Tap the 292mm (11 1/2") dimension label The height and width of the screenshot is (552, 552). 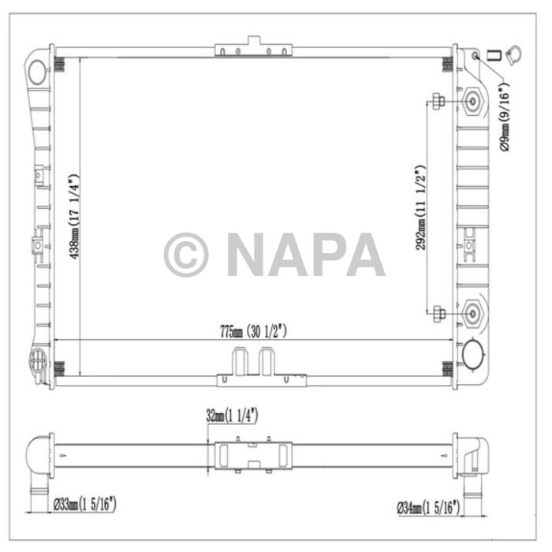420,207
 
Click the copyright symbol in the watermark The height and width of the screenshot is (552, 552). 186,255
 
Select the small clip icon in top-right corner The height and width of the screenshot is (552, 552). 502,56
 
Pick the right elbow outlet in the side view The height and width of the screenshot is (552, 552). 469,465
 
